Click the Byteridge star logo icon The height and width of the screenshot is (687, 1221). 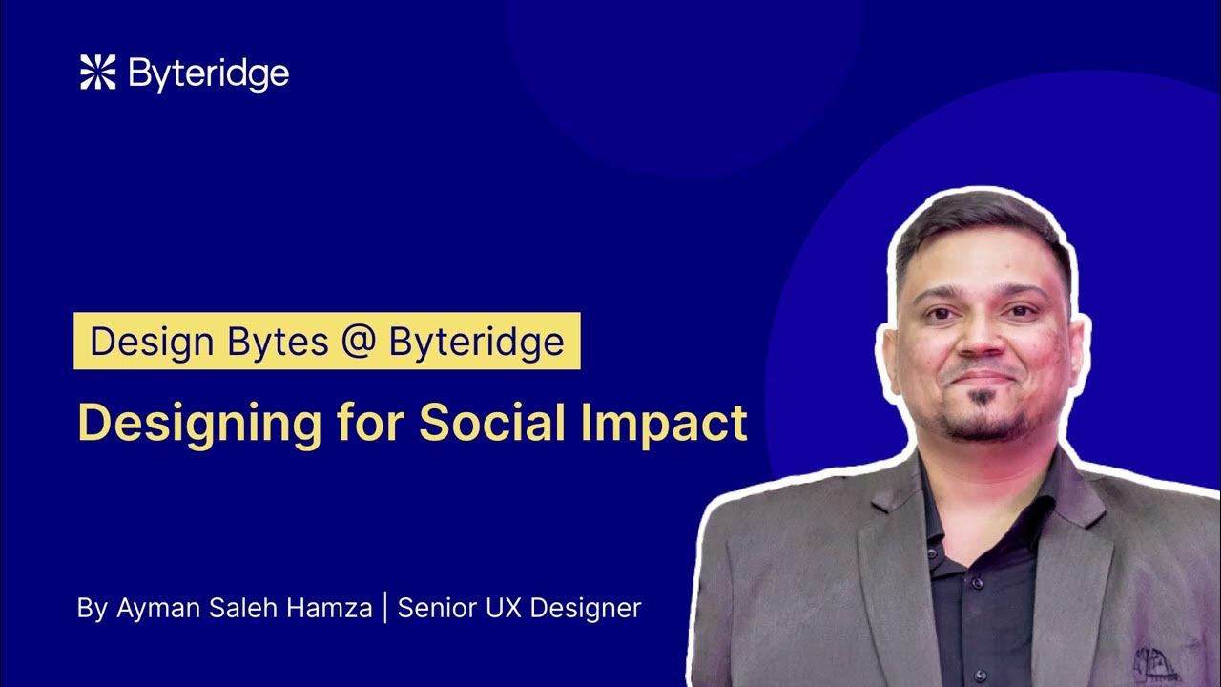pyautogui.click(x=97, y=73)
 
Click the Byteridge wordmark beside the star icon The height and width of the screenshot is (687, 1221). pyautogui.click(x=208, y=74)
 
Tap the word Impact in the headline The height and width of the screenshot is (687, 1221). pyautogui.click(x=665, y=424)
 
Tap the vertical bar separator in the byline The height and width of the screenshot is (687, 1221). pyautogui.click(x=384, y=607)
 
